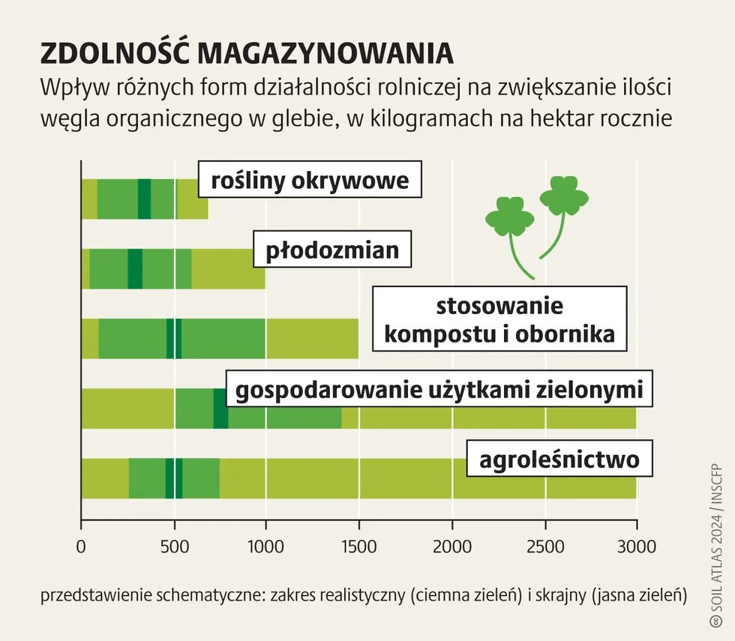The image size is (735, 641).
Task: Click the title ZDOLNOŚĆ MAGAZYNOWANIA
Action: coord(247,54)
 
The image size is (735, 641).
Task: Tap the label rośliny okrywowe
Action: coord(310,181)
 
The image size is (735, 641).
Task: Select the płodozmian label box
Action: coord(332,249)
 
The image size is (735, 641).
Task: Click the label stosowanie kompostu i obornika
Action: coord(499,320)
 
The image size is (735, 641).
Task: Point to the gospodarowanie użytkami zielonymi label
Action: coord(439,391)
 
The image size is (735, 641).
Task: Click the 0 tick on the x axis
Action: coord(81,547)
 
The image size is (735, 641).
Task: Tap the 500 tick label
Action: coord(175,547)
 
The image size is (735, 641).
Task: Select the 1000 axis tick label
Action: coord(266,547)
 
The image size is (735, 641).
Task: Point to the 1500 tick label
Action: coord(359,547)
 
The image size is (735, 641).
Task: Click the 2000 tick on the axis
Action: coord(452,547)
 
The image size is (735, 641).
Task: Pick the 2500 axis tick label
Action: coord(544,547)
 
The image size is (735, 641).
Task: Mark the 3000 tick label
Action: coord(637,547)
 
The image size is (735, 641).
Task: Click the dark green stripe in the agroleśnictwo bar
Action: coord(174,478)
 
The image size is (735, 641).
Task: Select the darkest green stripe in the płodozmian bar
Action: coord(135,268)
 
